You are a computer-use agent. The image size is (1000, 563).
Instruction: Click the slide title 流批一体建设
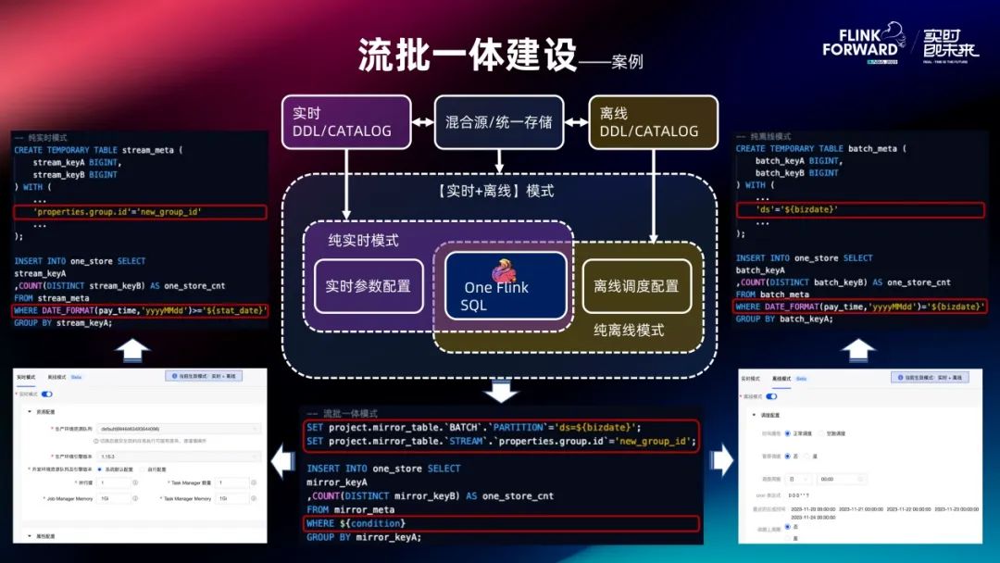coord(468,56)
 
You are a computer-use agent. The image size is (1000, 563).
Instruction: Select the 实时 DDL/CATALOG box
coord(346,121)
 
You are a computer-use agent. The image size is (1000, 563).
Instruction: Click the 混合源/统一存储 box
coord(499,121)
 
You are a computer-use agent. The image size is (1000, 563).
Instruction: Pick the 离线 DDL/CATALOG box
coord(654,121)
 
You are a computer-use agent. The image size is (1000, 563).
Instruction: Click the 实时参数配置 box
coord(368,286)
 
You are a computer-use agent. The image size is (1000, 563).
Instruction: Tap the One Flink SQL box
coord(505,286)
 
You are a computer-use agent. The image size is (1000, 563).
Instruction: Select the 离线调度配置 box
coord(636,286)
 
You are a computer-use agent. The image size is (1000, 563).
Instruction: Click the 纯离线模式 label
coord(629,330)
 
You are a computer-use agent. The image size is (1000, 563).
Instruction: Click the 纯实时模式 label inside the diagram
coord(363,240)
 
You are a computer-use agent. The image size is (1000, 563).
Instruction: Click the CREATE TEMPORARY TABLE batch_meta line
coord(820,148)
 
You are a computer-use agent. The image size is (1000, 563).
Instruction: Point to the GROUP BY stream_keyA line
coord(63,323)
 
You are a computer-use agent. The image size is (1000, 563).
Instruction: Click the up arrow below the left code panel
coord(136,350)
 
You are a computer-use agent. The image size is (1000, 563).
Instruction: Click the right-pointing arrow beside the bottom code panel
coord(720,458)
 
